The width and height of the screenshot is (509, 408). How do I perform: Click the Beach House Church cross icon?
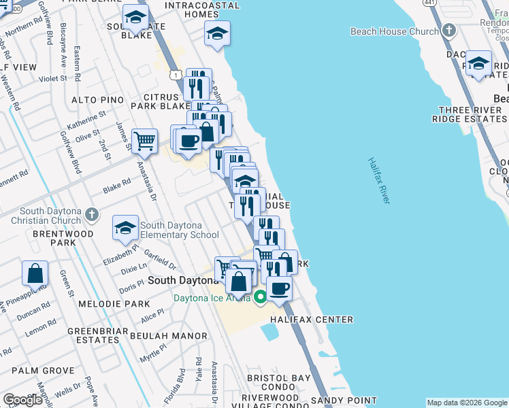[x=448, y=31]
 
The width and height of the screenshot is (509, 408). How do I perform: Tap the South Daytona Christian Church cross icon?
[x=93, y=216]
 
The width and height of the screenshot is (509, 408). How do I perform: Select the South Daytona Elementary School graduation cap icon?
[x=125, y=230]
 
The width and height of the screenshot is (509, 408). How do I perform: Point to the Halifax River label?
[x=379, y=180]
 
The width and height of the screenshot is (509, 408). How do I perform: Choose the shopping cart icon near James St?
[x=144, y=141]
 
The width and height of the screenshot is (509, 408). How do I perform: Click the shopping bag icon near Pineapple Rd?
[x=35, y=273]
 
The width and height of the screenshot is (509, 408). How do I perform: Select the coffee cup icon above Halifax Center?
[x=279, y=288]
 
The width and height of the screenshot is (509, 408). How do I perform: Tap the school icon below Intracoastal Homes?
[x=217, y=33]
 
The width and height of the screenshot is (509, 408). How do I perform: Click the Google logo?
[x=23, y=400]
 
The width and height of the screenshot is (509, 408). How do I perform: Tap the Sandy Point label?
[x=344, y=401]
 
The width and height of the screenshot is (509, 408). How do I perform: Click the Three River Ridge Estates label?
[x=470, y=114]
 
